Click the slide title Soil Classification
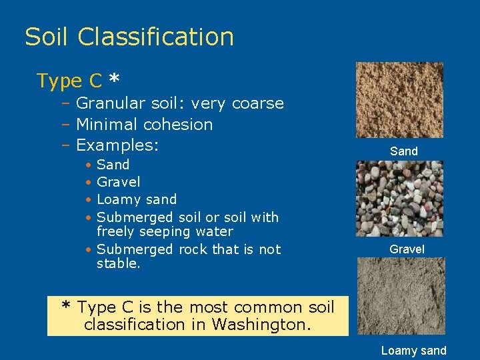click(x=129, y=37)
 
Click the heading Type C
click(x=69, y=81)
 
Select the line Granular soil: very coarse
click(x=180, y=103)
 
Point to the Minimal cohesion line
click(x=145, y=124)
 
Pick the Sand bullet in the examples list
click(x=113, y=165)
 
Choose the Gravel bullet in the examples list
click(x=119, y=182)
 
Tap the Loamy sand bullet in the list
click(x=137, y=199)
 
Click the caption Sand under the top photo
click(x=404, y=151)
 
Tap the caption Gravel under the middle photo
click(x=407, y=249)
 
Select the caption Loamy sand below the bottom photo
click(x=413, y=351)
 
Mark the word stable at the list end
click(x=117, y=263)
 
